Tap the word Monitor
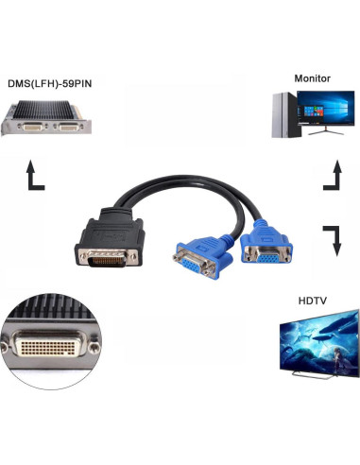(312, 77)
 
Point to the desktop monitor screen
(323, 112)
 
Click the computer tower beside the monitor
(286, 114)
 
